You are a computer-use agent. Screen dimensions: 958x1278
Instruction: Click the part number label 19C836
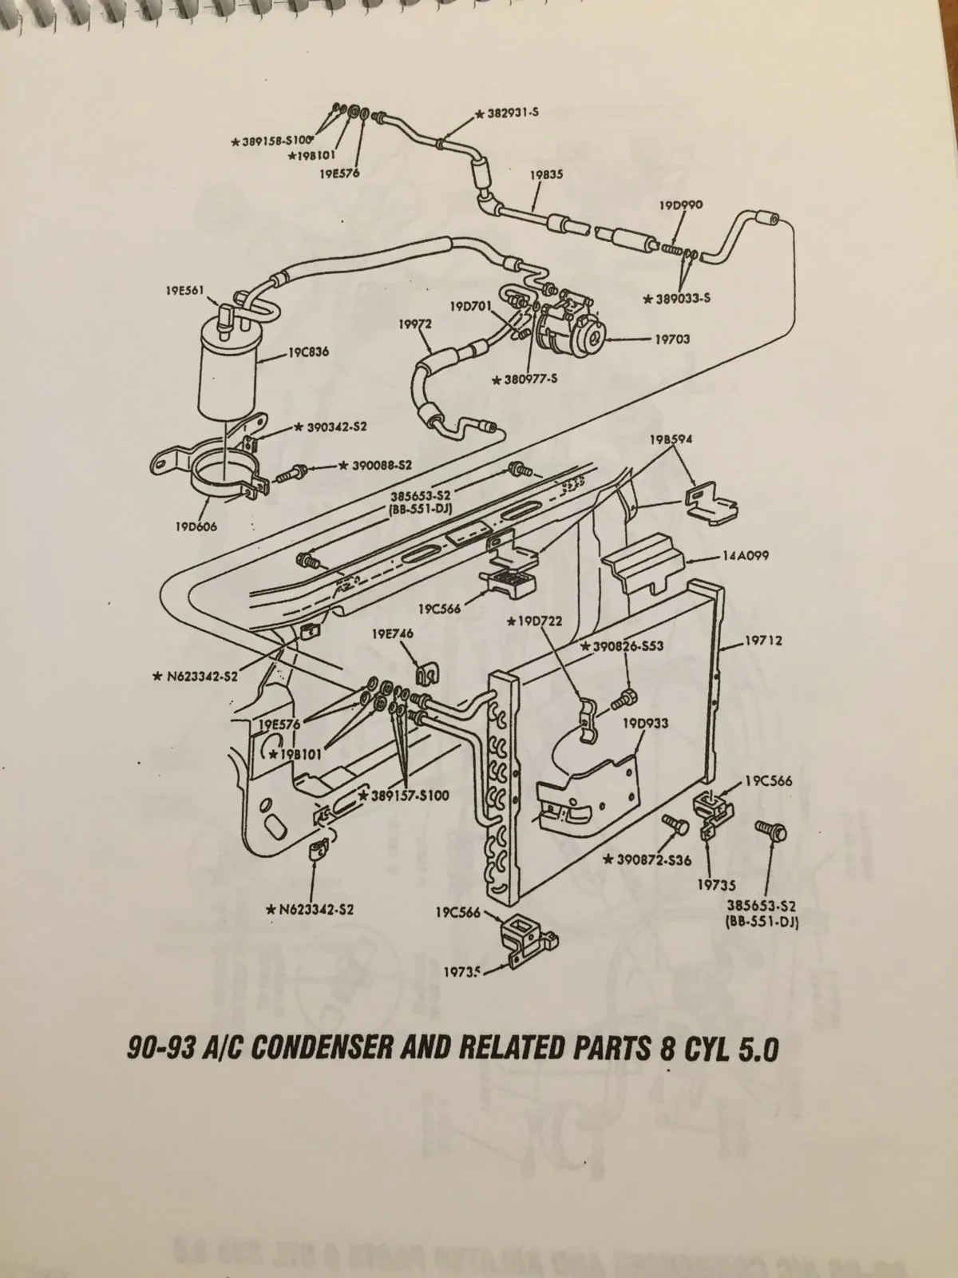coord(308,352)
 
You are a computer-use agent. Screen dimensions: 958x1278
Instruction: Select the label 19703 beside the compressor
coord(672,339)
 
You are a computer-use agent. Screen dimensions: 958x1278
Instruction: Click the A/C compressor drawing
coord(571,324)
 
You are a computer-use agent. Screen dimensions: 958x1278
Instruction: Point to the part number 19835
coord(546,174)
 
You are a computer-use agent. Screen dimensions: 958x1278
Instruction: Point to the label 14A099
coord(745,555)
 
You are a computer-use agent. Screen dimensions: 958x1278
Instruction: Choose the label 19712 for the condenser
coord(764,641)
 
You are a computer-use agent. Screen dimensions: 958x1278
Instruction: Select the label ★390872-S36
coord(647,859)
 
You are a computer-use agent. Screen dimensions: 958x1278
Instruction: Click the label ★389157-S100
coord(404,796)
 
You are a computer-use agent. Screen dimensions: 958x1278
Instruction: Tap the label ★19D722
coord(535,621)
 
